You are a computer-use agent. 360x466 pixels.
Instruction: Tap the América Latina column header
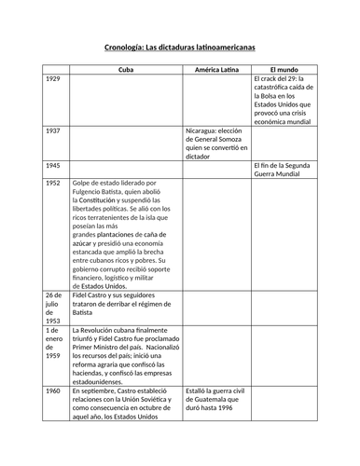tap(217, 70)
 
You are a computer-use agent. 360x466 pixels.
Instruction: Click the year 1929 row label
tap(53, 80)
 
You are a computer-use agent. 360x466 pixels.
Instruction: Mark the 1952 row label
tap(53, 183)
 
